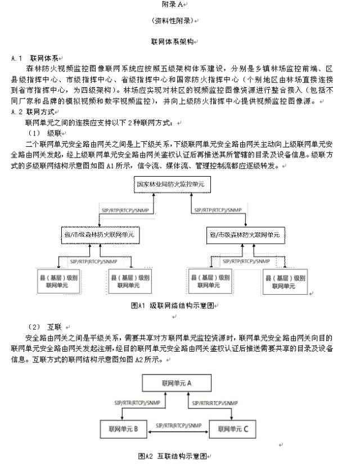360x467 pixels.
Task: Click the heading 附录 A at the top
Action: pyautogui.click(x=179, y=5)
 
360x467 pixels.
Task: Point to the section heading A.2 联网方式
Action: pyautogui.click(x=35, y=111)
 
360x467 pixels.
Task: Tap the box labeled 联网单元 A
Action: pyautogui.click(x=176, y=383)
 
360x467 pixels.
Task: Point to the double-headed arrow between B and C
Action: pyautogui.click(x=178, y=432)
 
